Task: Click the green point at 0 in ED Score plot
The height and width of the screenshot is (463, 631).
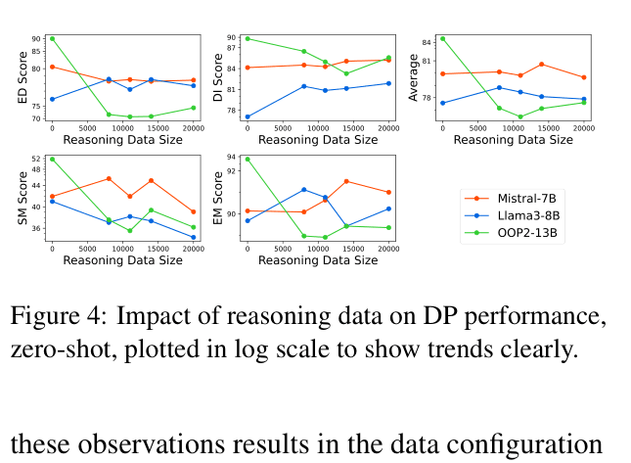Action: point(52,38)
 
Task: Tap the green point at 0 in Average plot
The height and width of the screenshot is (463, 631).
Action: point(442,38)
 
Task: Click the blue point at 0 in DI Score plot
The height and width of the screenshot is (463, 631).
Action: point(247,117)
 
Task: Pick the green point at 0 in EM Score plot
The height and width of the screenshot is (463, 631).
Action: point(247,159)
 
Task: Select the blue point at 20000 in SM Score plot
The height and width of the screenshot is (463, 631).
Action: point(194,238)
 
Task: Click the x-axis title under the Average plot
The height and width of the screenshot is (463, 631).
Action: point(514,140)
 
